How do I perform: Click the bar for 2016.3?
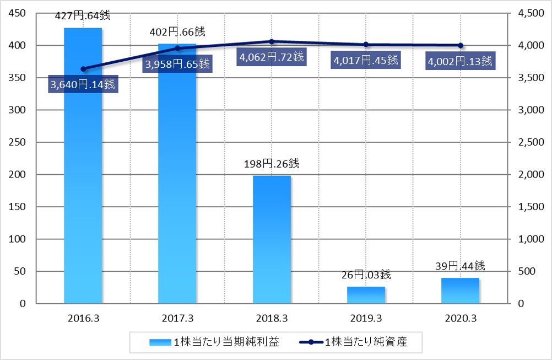click(83, 165)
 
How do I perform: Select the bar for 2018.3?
click(272, 239)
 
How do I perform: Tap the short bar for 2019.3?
click(366, 295)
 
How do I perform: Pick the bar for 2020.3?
click(460, 291)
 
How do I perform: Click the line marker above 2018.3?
click(272, 41)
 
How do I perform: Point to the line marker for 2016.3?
click(83, 69)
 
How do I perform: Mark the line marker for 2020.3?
click(461, 45)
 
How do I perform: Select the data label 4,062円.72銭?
click(271, 56)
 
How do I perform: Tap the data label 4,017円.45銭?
click(365, 60)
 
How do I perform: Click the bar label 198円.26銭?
click(272, 164)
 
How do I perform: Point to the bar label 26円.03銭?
click(366, 274)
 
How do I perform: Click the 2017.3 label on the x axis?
click(177, 318)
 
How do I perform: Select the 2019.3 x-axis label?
click(366, 318)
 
